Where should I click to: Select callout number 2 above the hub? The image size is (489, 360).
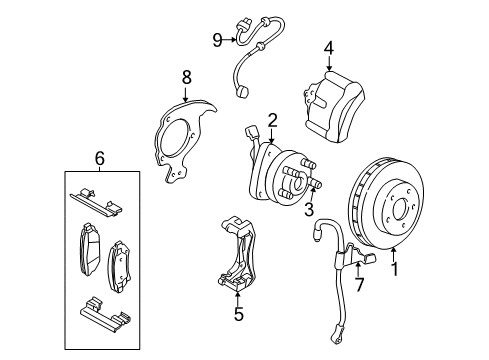[x=271, y=120]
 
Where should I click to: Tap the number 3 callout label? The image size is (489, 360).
[x=309, y=208]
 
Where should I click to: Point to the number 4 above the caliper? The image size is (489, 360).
[x=328, y=47]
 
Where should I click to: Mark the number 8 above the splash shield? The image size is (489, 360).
[x=185, y=76]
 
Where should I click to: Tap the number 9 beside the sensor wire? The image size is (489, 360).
[x=216, y=40]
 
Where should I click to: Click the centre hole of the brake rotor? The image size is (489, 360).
[x=399, y=211]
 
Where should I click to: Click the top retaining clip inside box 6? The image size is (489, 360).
[x=98, y=202]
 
